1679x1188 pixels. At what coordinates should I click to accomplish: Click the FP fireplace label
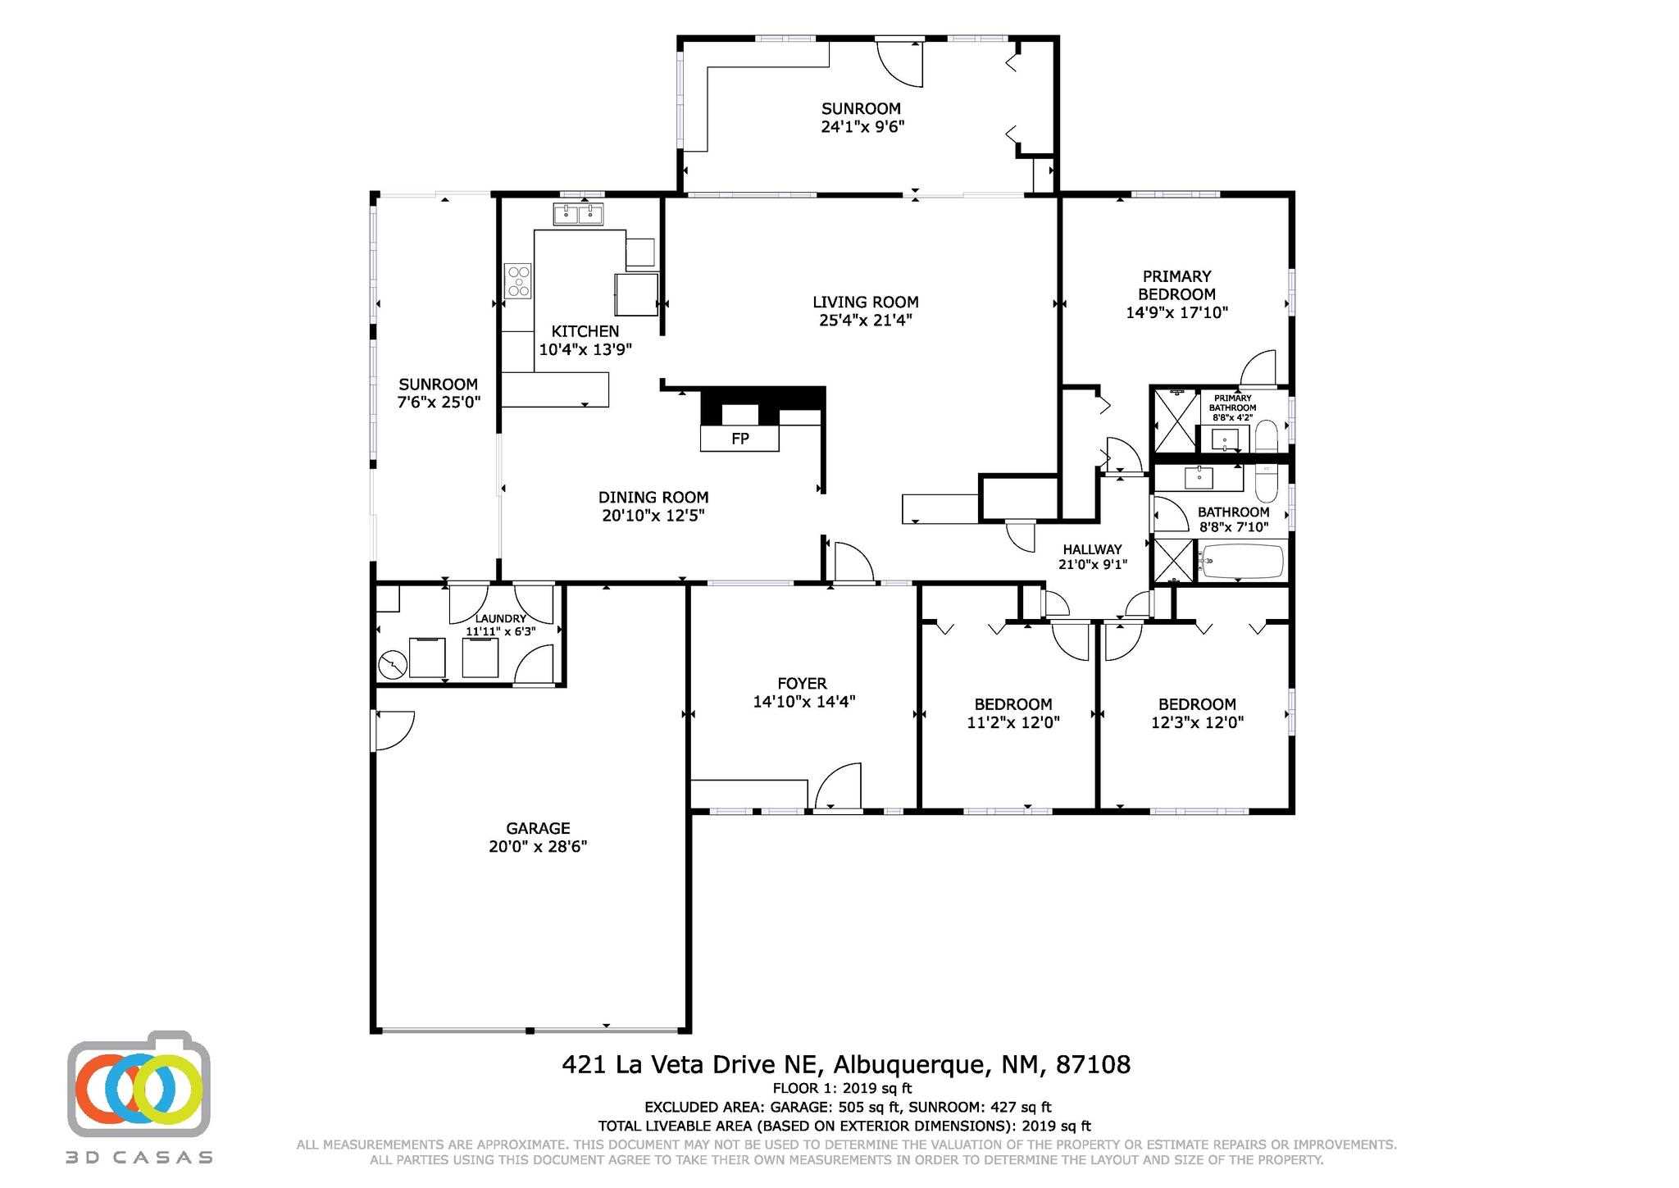point(739,439)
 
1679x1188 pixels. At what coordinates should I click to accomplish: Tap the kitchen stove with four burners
point(518,280)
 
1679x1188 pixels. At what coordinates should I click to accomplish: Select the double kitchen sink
point(579,215)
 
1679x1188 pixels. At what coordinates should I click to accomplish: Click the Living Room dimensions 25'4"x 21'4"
point(865,321)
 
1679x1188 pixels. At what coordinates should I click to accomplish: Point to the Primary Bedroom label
point(1176,285)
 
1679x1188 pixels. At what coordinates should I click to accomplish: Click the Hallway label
point(1092,549)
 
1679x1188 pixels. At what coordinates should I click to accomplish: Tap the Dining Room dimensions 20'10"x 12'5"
point(653,516)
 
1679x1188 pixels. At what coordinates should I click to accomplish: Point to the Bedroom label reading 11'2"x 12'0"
point(1013,722)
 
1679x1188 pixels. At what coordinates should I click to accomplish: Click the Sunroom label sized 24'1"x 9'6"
point(862,117)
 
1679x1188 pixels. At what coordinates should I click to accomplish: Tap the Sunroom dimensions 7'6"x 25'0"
point(439,403)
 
